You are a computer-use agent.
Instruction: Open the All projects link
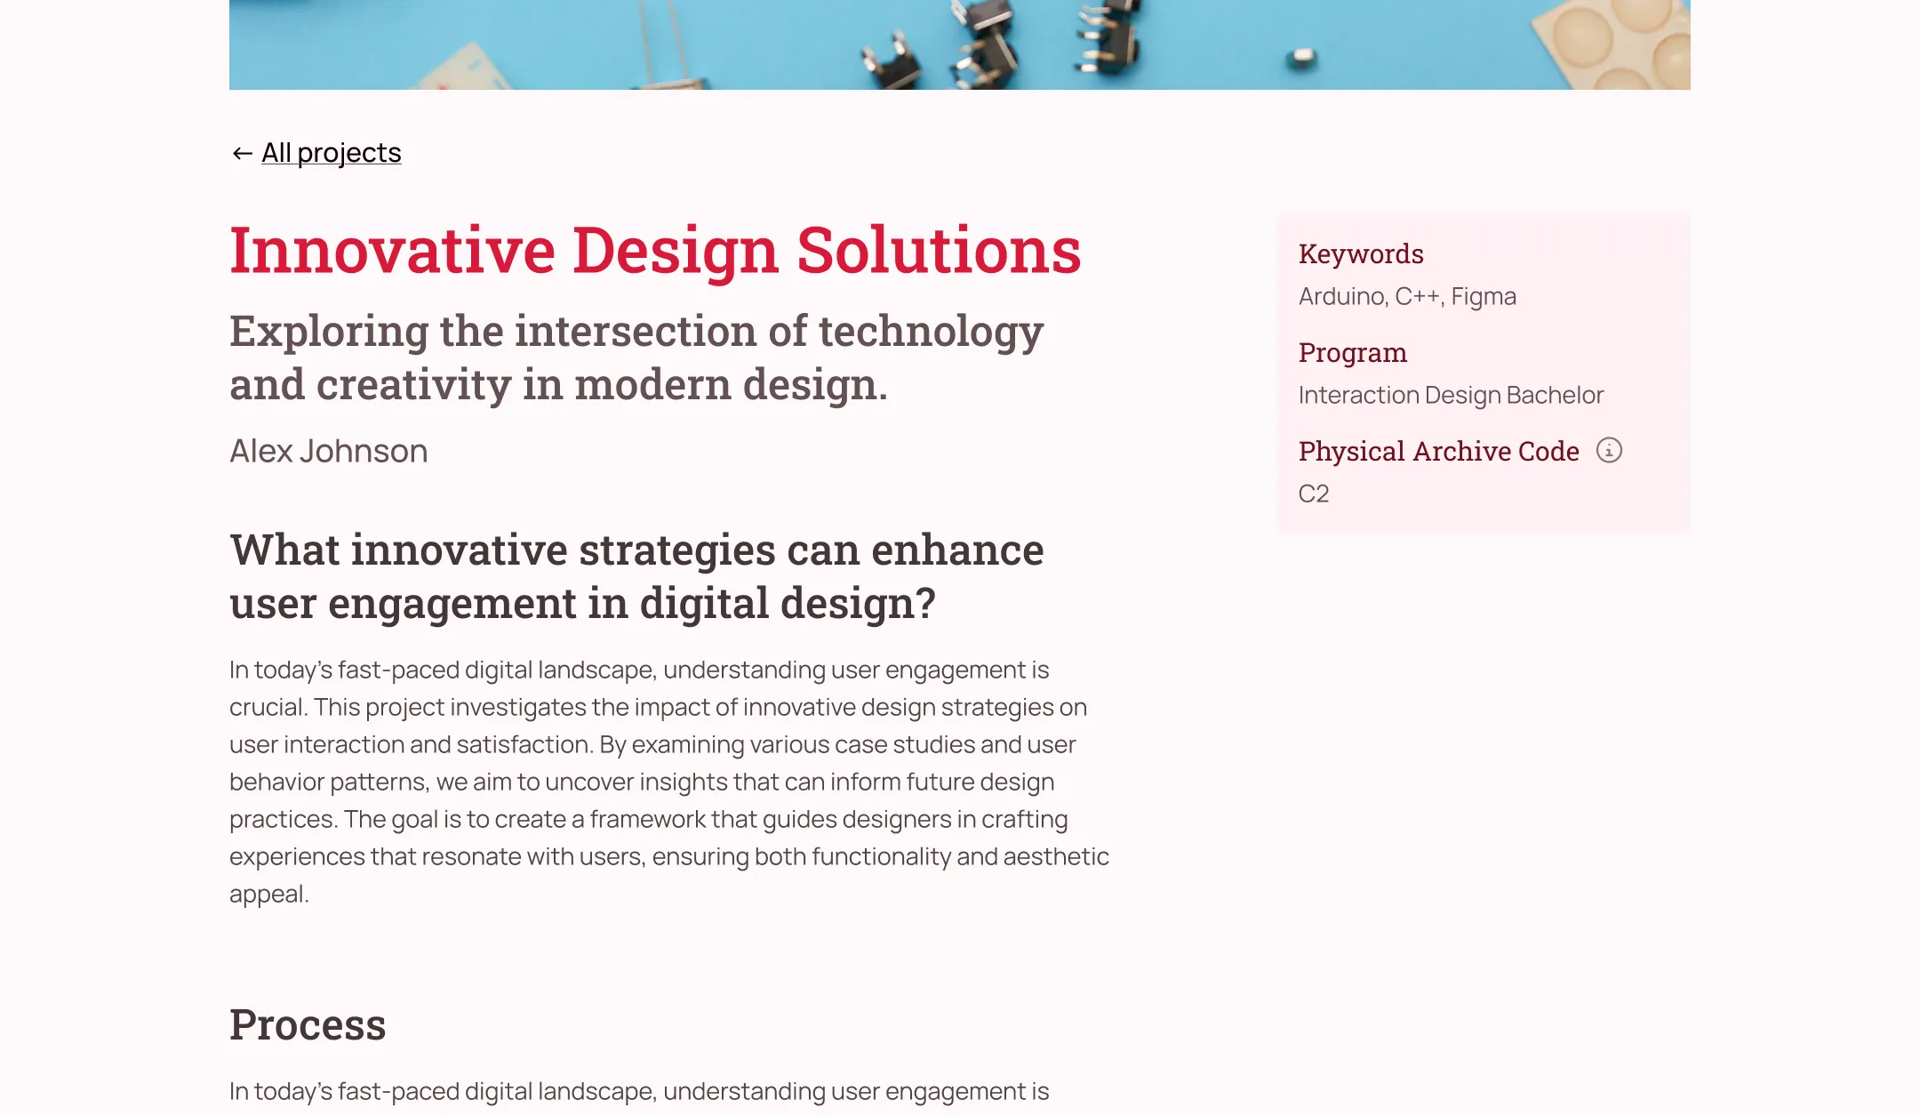[331, 153]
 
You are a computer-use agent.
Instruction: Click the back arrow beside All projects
[242, 154]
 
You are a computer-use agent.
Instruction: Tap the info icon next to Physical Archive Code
[1609, 450]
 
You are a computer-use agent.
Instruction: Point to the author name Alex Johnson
[328, 451]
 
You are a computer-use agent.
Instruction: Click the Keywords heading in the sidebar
[1361, 254]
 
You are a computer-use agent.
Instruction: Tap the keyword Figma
[1484, 297]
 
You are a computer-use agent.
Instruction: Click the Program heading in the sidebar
[1353, 353]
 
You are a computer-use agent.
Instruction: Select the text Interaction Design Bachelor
[1451, 395]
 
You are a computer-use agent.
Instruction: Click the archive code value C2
[1314, 494]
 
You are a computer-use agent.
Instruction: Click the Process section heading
[308, 1024]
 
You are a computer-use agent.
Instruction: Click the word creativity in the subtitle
[413, 386]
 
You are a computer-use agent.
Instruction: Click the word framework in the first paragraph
[670, 819]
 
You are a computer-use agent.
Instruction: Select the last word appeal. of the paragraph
[268, 895]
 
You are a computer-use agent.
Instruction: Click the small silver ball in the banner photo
[1301, 58]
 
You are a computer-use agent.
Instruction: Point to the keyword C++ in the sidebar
[1419, 296]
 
